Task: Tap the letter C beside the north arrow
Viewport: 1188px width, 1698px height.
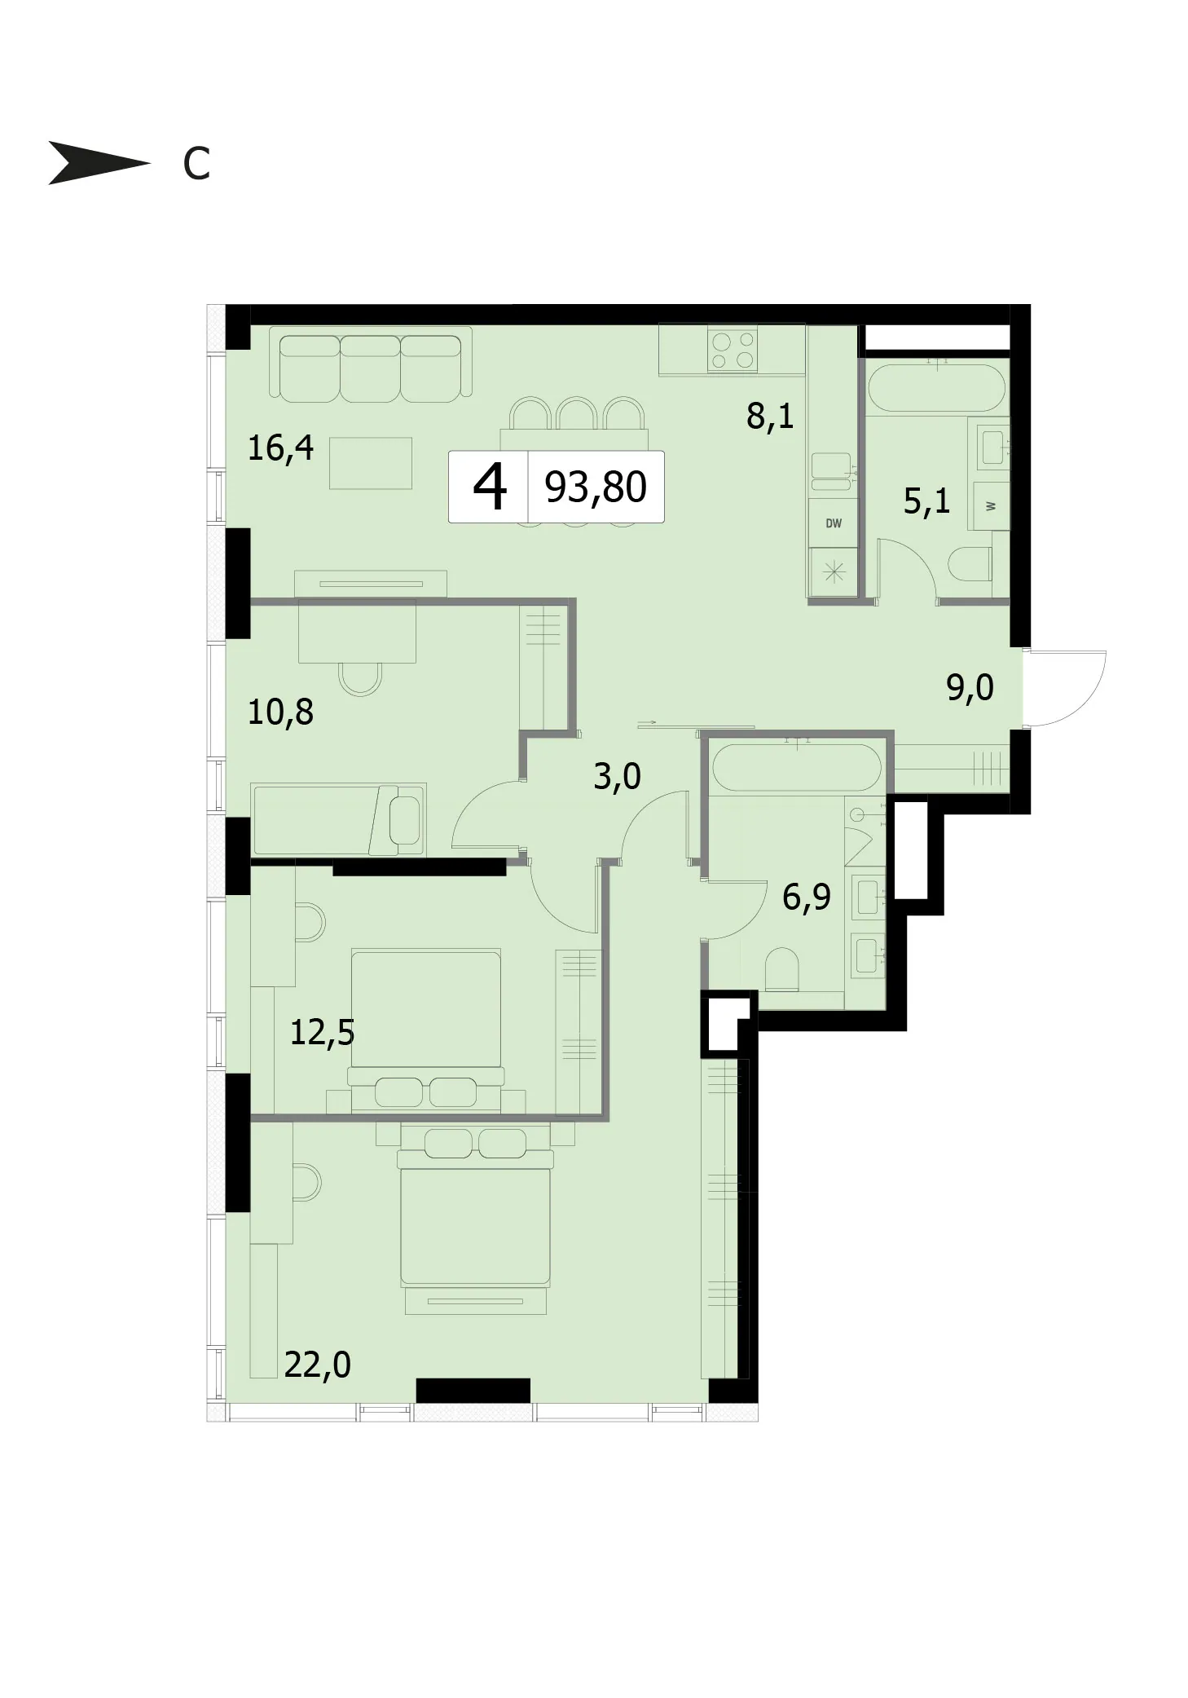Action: point(196,164)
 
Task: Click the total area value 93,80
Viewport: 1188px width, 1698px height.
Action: point(596,487)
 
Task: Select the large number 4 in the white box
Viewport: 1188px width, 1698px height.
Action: point(490,487)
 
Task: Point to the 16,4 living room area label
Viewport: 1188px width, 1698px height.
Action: point(280,448)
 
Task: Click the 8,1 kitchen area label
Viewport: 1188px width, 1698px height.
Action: point(770,417)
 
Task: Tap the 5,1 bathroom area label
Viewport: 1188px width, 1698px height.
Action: point(926,500)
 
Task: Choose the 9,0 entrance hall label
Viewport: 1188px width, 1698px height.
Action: point(970,688)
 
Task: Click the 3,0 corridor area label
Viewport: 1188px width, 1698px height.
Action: point(617,776)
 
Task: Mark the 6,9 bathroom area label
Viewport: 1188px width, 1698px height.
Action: point(807,897)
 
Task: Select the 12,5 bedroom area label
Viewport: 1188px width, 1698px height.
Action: point(323,1033)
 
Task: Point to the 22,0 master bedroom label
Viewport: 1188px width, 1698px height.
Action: point(318,1364)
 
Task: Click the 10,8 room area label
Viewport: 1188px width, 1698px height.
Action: point(280,712)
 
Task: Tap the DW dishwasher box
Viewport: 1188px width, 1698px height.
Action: point(833,523)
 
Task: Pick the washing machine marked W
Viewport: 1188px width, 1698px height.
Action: point(989,505)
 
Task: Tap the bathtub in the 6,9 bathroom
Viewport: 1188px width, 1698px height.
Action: point(796,767)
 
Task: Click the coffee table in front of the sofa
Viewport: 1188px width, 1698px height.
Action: point(370,463)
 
